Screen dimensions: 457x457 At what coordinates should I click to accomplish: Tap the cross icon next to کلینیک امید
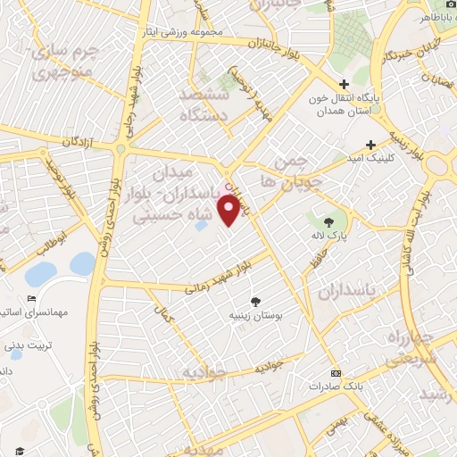click(370, 144)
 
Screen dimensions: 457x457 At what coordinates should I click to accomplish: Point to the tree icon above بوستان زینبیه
click(257, 301)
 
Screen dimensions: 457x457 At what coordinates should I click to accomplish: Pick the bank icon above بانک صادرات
click(335, 372)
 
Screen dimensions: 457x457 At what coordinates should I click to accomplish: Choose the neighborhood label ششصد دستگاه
click(204, 104)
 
